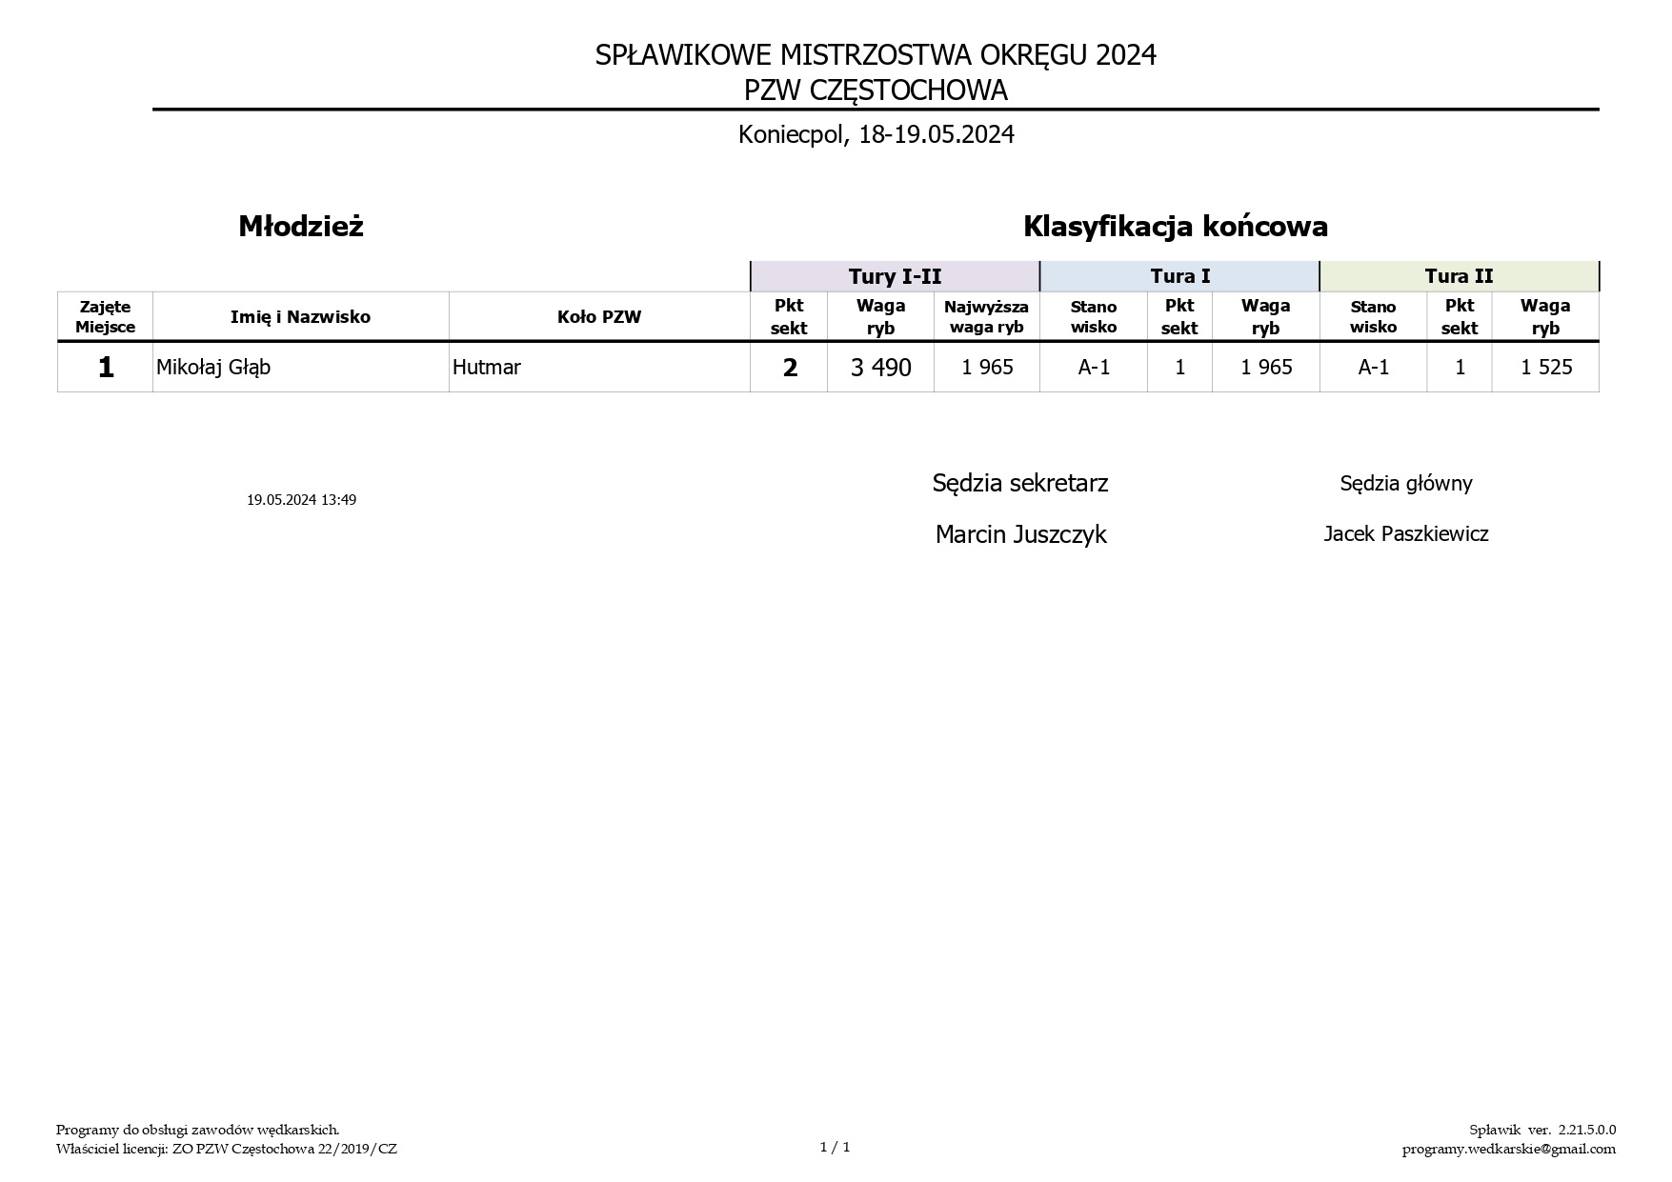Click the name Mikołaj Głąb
pyautogui.click(x=213, y=368)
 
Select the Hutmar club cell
pyautogui.click(x=487, y=368)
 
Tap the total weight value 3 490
pyautogui.click(x=880, y=368)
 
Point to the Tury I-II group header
pyautogui.click(x=895, y=276)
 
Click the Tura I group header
pyautogui.click(x=1179, y=276)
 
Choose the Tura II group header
pyautogui.click(x=1459, y=276)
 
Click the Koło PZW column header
pyautogui.click(x=599, y=317)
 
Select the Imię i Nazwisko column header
pyautogui.click(x=300, y=317)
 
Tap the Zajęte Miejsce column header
pyautogui.click(x=106, y=317)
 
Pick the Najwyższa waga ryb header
pyautogui.click(x=986, y=317)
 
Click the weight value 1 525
pyautogui.click(x=1545, y=368)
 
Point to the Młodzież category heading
pyautogui.click(x=301, y=227)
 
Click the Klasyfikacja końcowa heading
pyautogui.click(x=1175, y=227)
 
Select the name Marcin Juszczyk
pyautogui.click(x=1020, y=534)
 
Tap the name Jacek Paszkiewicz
pyautogui.click(x=1405, y=534)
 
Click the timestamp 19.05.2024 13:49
pyautogui.click(x=301, y=500)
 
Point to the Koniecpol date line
pyautogui.click(x=876, y=134)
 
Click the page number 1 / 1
pyautogui.click(x=835, y=1148)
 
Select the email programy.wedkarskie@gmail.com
pyautogui.click(x=1508, y=1149)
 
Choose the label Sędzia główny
pyautogui.click(x=1405, y=484)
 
